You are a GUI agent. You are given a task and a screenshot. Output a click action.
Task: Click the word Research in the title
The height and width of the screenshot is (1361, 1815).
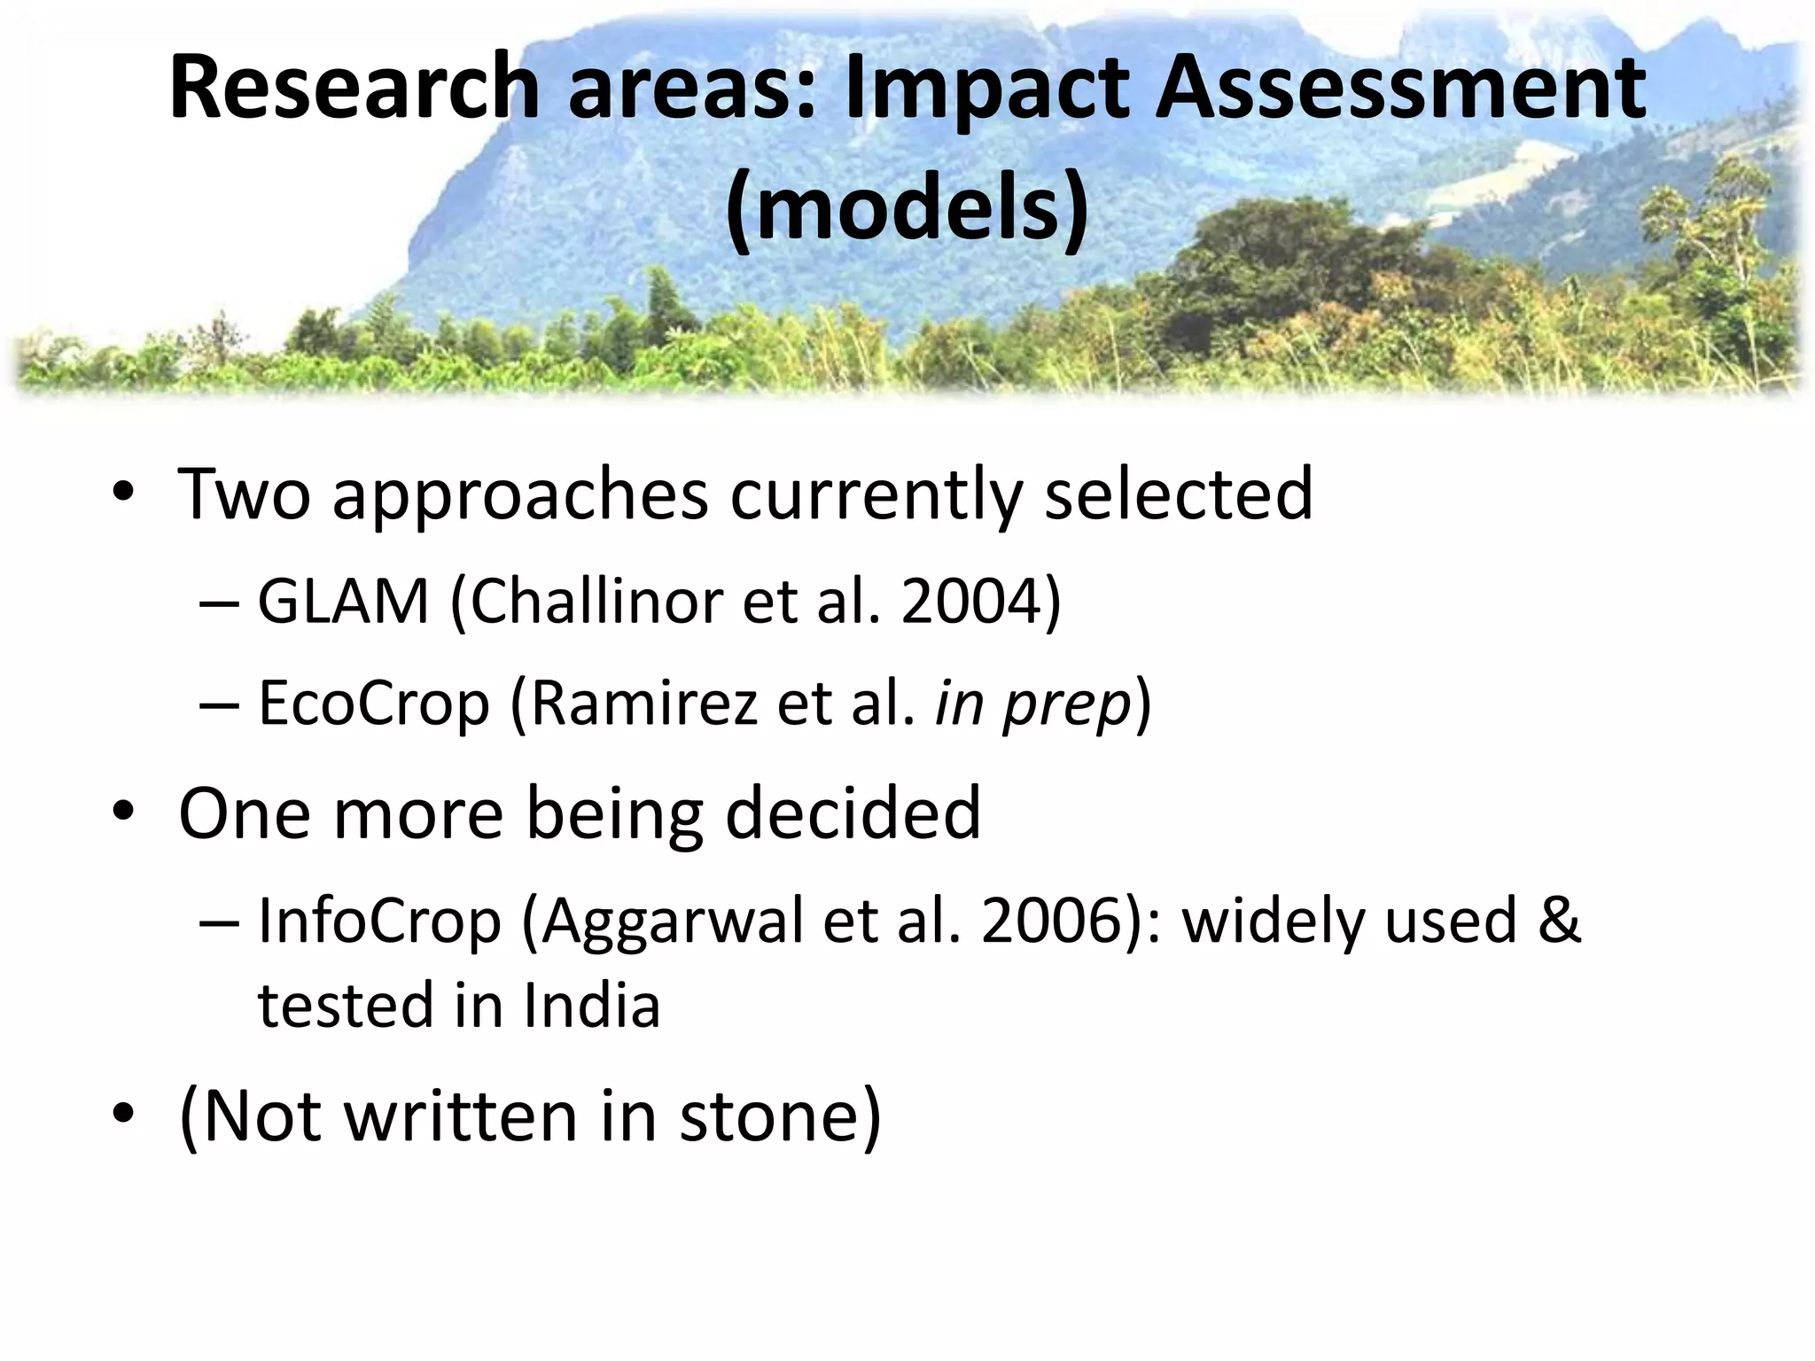point(354,88)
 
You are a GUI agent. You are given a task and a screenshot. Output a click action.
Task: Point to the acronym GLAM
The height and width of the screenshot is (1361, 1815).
point(343,602)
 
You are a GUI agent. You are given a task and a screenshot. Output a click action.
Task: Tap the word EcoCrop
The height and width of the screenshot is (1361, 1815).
point(374,703)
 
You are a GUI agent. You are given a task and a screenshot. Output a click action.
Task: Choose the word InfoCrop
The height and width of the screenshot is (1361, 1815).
point(379,921)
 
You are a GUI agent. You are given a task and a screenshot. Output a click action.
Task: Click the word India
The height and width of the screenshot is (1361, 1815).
point(592,1006)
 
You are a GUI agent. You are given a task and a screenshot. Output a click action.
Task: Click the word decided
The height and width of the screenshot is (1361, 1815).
point(853,813)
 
